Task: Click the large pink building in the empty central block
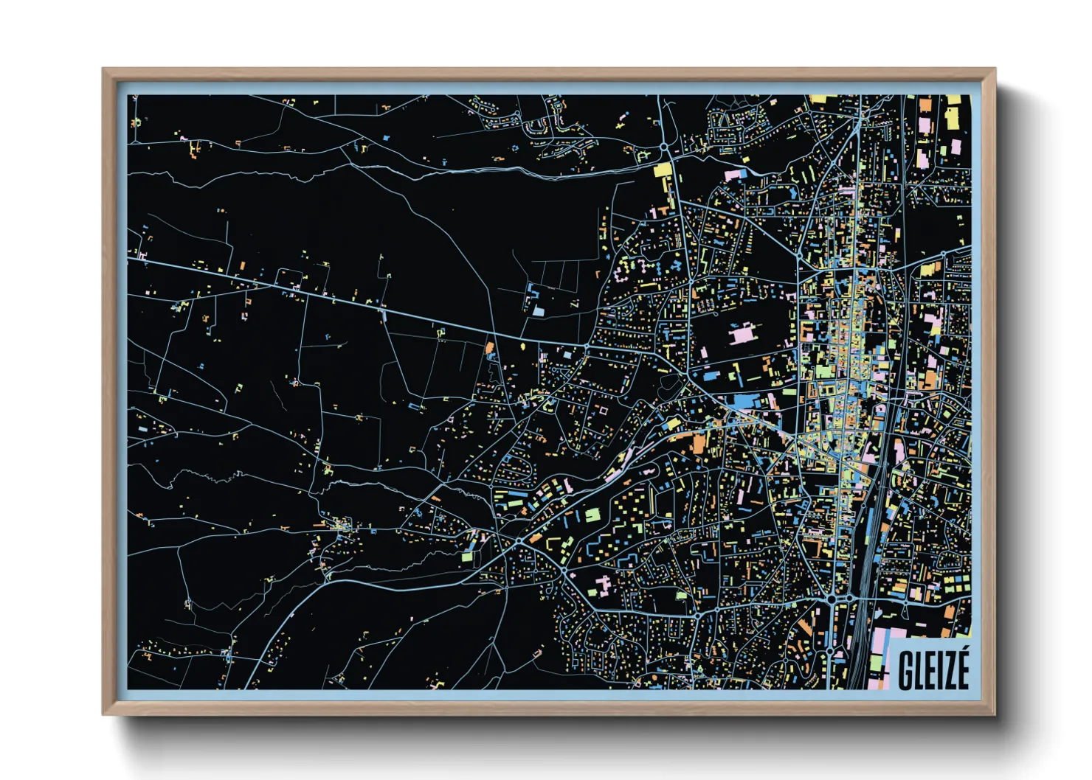(x=740, y=332)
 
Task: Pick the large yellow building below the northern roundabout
(x=663, y=170)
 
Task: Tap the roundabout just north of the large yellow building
(x=665, y=148)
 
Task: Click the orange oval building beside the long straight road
(x=489, y=347)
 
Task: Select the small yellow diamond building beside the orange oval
(x=523, y=344)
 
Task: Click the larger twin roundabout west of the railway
(x=832, y=600)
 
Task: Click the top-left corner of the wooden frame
(x=103, y=69)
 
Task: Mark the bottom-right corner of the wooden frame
(x=995, y=714)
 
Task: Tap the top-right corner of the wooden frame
(x=995, y=69)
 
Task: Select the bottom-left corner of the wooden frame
(x=103, y=714)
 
